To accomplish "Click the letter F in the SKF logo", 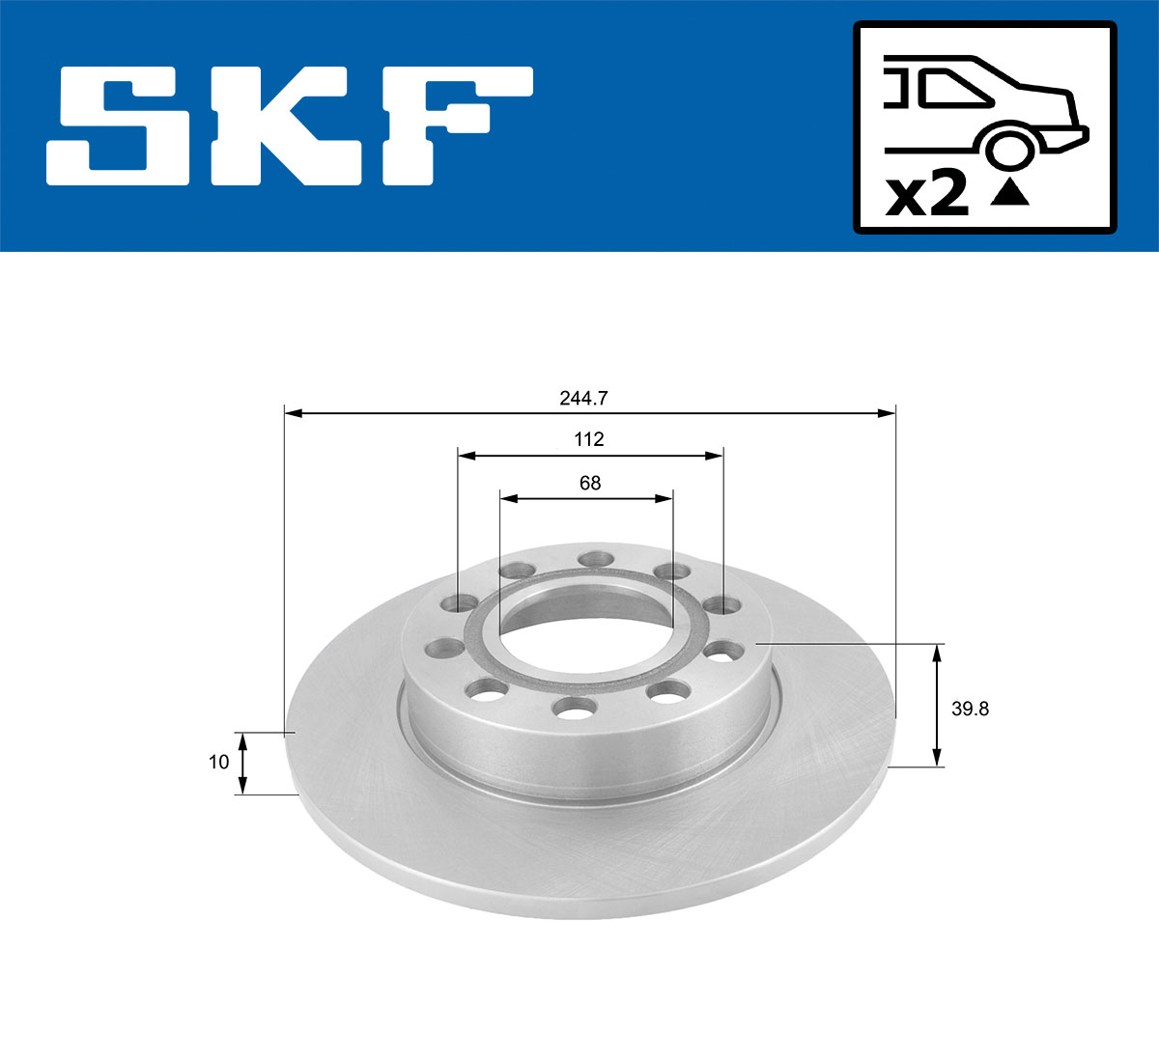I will pos(454,125).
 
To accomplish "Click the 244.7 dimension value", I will pos(589,397).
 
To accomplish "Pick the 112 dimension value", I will pos(589,439).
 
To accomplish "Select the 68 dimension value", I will pos(589,483).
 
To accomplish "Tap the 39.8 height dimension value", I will pos(970,709).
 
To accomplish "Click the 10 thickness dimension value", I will pos(219,762).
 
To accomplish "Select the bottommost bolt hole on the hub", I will pos(573,709).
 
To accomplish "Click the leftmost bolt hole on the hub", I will pos(443,648).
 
